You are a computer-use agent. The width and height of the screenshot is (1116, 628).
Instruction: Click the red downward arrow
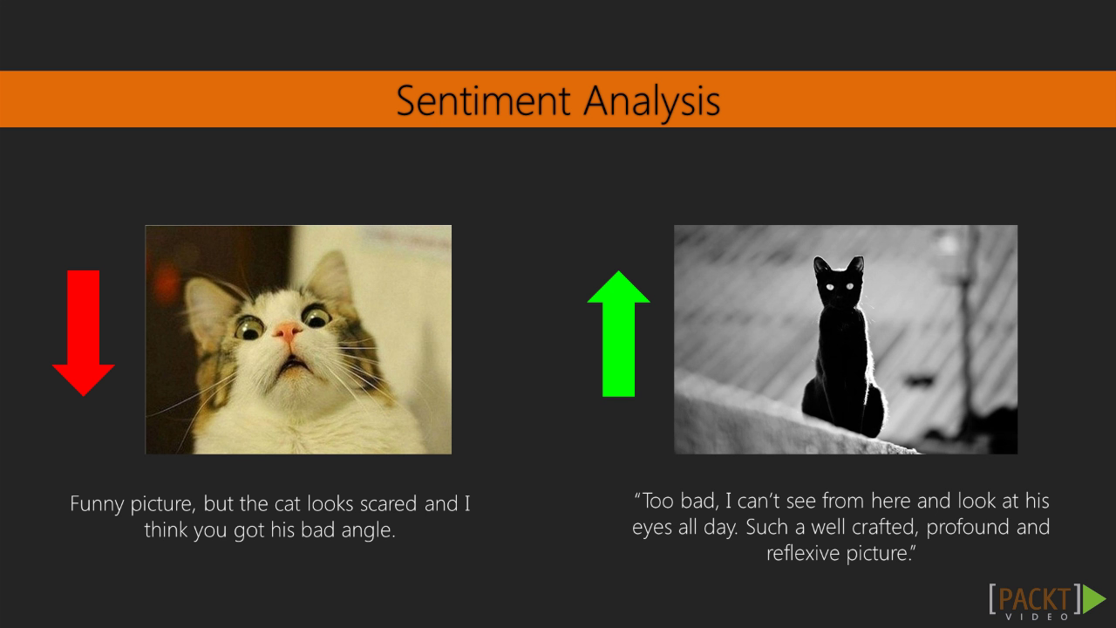tap(83, 333)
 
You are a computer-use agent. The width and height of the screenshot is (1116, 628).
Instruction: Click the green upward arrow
tap(618, 333)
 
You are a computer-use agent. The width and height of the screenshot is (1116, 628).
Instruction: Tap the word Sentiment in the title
tap(483, 100)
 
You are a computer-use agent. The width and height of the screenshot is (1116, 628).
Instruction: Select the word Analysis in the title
tap(651, 102)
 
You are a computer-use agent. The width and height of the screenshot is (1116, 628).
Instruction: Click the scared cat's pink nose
tap(288, 331)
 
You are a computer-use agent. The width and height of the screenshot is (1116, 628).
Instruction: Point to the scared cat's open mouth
tap(294, 366)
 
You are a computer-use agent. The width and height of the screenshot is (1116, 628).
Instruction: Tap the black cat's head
tap(840, 282)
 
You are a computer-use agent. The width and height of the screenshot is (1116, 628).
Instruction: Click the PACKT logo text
tap(1034, 599)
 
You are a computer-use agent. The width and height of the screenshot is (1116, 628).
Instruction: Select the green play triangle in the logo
tap(1094, 598)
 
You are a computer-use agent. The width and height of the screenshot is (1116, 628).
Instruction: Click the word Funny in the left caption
tap(97, 504)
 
